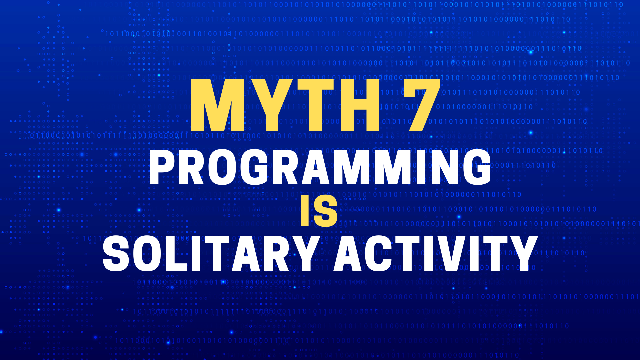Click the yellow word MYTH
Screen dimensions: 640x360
[x=285, y=105]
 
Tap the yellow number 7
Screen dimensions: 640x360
[x=422, y=105]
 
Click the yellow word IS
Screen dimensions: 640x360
[x=319, y=211]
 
